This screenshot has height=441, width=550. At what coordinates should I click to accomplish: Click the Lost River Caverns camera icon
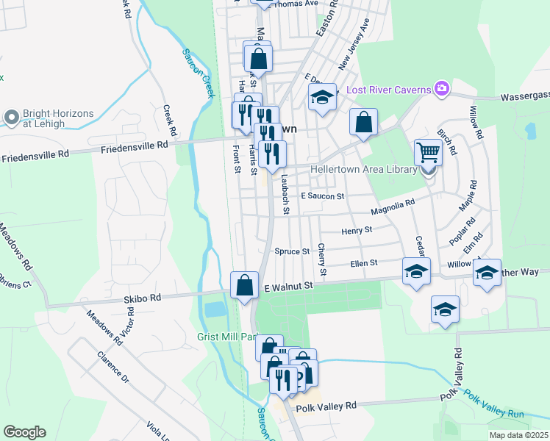point(441,89)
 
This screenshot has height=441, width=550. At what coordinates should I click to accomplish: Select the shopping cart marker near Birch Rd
point(428,153)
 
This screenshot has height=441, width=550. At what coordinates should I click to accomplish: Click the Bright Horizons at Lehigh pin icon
point(12,117)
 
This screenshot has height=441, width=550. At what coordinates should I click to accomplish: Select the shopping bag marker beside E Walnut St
point(244,284)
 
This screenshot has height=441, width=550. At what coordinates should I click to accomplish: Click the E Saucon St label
point(323,196)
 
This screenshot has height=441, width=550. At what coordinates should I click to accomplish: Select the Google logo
point(24,432)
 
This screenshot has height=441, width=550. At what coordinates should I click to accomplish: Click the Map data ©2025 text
point(518,435)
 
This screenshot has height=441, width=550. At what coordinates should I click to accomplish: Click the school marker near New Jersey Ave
point(321,97)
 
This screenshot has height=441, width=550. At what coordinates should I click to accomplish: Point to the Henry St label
point(357,230)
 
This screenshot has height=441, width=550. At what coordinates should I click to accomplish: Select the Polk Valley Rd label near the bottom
point(325,406)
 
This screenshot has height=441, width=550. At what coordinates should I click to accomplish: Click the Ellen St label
point(364,262)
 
